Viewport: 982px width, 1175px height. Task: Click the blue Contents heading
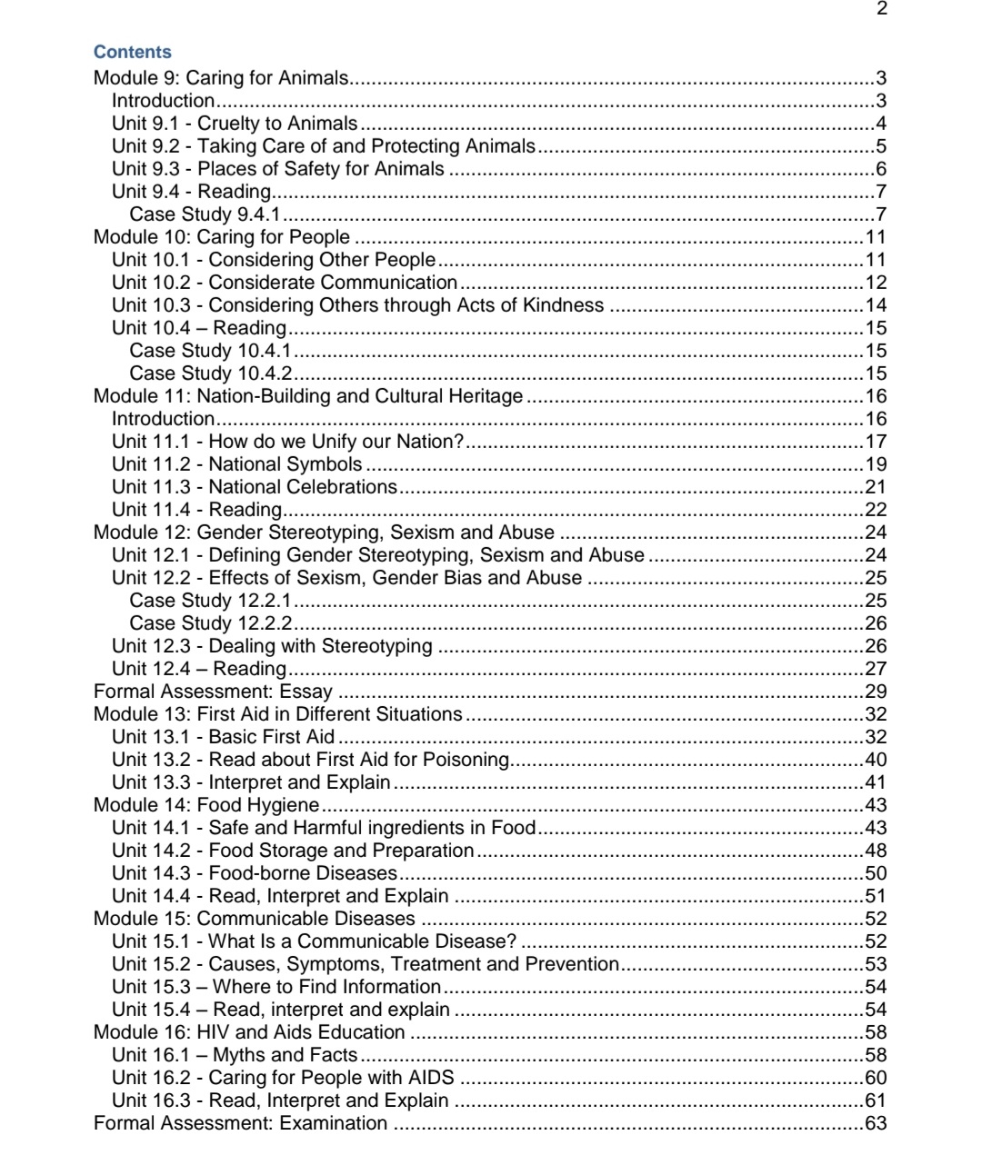(x=132, y=52)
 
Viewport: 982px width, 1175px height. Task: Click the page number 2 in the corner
(x=881, y=9)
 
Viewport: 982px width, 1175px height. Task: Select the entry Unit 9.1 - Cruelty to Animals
(x=235, y=124)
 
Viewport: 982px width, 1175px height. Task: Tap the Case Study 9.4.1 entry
(x=205, y=214)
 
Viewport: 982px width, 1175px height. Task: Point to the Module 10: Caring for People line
(x=221, y=237)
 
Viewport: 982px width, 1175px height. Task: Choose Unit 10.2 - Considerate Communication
(x=285, y=283)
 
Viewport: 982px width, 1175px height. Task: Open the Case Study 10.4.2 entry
(x=210, y=373)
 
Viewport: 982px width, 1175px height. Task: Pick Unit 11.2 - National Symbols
(x=236, y=464)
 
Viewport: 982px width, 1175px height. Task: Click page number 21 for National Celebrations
(x=875, y=487)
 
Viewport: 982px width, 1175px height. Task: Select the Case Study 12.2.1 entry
(x=210, y=601)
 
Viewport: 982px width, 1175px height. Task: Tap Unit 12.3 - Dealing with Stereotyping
(x=272, y=646)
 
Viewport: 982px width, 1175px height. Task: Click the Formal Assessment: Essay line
(x=213, y=692)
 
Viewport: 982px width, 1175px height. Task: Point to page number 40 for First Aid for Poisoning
(x=875, y=760)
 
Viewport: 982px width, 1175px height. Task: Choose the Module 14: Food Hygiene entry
(x=206, y=805)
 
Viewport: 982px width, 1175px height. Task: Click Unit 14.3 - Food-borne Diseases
(x=255, y=873)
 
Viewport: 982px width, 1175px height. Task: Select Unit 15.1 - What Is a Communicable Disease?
(x=314, y=941)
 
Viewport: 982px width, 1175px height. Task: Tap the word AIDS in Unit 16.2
(x=430, y=1078)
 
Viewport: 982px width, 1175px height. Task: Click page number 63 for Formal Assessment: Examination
(x=875, y=1123)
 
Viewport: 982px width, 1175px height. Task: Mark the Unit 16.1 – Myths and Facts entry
(x=235, y=1055)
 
